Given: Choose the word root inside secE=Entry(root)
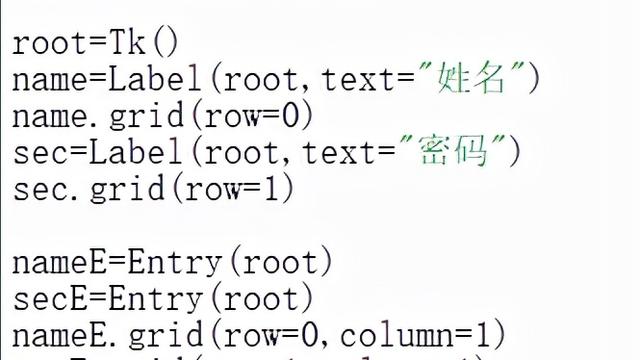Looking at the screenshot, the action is tap(268, 298).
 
